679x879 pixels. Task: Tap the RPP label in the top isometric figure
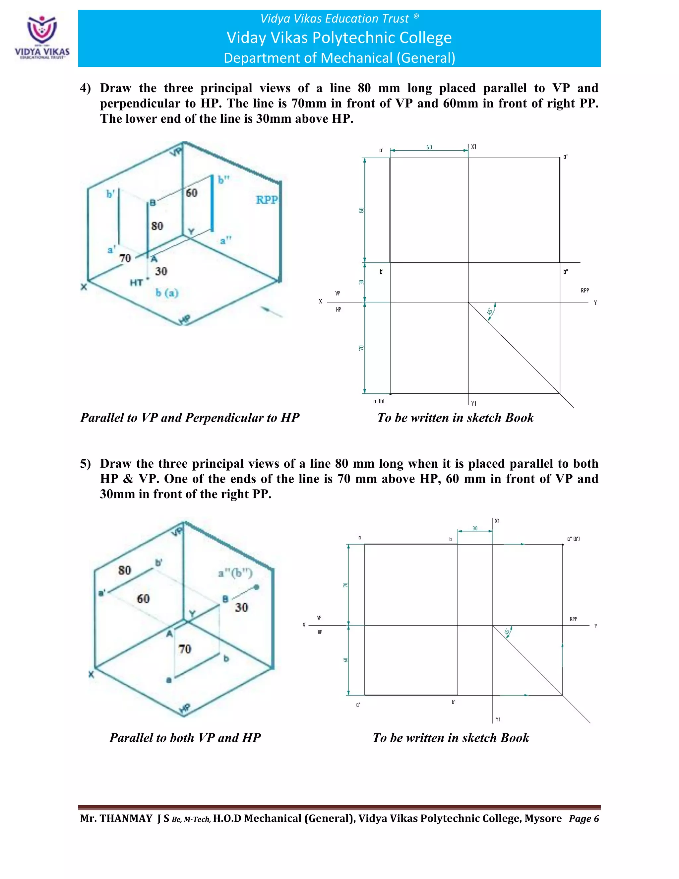(x=266, y=200)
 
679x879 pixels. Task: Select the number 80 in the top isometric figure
(x=157, y=226)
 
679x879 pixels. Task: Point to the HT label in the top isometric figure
(x=136, y=283)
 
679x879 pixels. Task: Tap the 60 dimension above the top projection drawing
(x=429, y=147)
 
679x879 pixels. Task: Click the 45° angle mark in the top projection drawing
(x=490, y=311)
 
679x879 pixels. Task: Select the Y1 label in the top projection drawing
(x=474, y=403)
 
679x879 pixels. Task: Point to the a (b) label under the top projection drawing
(x=379, y=401)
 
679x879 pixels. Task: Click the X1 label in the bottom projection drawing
(x=497, y=521)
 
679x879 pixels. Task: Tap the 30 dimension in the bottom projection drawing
(x=475, y=528)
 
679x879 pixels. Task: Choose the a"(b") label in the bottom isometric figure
(x=235, y=573)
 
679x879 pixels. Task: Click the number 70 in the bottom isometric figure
(x=185, y=649)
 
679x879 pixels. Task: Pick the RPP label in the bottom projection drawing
(x=573, y=619)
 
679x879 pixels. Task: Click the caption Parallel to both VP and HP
(x=185, y=738)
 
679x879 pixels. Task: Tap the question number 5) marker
(x=85, y=464)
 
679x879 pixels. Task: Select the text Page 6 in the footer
(x=584, y=819)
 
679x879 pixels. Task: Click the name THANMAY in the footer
(x=126, y=818)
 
